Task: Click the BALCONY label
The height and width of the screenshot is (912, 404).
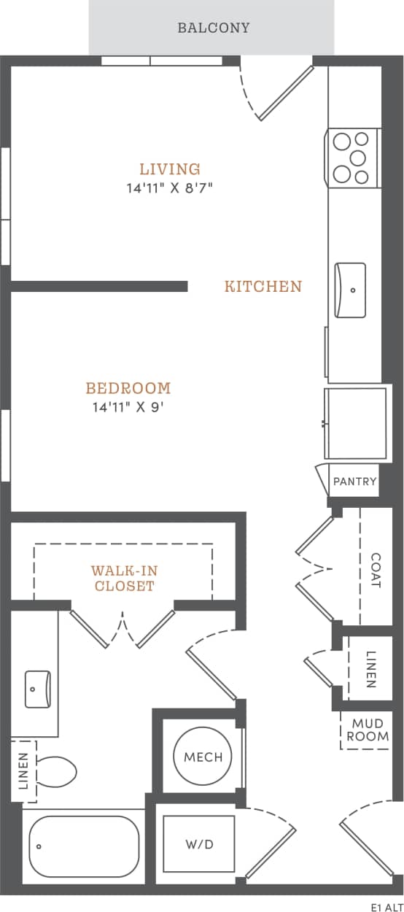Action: [213, 28]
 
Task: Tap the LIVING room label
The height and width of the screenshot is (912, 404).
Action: [170, 169]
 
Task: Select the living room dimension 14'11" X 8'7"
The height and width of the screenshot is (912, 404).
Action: [170, 188]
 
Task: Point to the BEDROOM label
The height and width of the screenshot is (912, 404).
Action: [128, 388]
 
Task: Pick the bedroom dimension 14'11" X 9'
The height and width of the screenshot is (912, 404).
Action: [128, 407]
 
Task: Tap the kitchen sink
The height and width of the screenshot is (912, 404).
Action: [350, 290]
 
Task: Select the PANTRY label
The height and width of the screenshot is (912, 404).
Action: [354, 482]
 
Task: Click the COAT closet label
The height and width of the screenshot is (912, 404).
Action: [376, 569]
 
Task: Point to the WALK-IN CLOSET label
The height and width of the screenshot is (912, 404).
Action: [123, 578]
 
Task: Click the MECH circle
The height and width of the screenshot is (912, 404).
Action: [203, 757]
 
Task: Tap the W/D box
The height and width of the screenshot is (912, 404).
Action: [199, 845]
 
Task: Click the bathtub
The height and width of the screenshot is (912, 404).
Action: [85, 846]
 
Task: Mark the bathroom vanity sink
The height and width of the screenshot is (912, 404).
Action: [37, 689]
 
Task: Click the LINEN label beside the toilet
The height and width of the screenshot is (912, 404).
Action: [23, 771]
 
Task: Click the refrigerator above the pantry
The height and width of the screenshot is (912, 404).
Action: [356, 424]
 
